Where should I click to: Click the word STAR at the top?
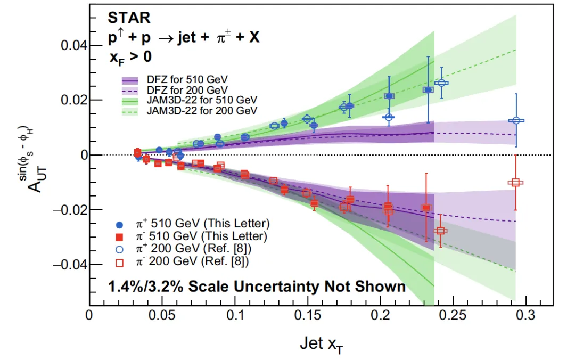click(x=130, y=18)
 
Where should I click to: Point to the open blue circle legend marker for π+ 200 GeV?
click(x=119, y=248)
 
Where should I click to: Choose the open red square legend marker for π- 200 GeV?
click(x=119, y=261)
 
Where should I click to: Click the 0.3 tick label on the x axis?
click(x=525, y=315)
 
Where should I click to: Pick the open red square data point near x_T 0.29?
click(x=515, y=182)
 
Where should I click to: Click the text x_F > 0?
click(x=130, y=58)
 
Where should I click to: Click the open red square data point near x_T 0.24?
click(x=440, y=231)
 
